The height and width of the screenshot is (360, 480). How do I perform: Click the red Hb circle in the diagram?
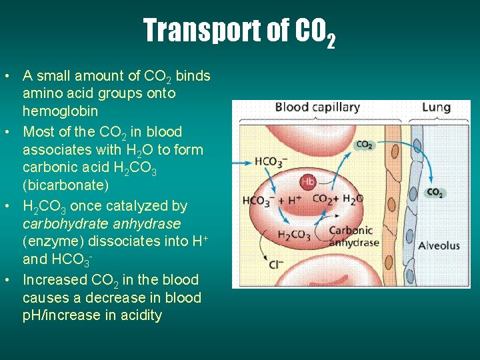point(308,181)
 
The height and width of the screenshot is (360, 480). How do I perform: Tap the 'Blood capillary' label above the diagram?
point(317,107)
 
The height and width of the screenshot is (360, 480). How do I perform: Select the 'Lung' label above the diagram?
point(436,107)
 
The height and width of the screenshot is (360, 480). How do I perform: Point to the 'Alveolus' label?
point(439,245)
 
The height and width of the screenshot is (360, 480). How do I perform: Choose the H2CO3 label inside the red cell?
point(294,235)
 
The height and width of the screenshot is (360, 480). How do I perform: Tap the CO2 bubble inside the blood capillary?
point(365,145)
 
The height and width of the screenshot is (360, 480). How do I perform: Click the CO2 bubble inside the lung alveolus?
point(435,193)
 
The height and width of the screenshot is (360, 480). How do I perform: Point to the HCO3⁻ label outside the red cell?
point(271,162)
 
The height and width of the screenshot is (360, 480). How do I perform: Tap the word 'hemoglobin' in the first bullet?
point(60,111)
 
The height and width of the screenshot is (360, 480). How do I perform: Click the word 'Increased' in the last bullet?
point(54,279)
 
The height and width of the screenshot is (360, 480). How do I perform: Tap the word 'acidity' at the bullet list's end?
point(137,315)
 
